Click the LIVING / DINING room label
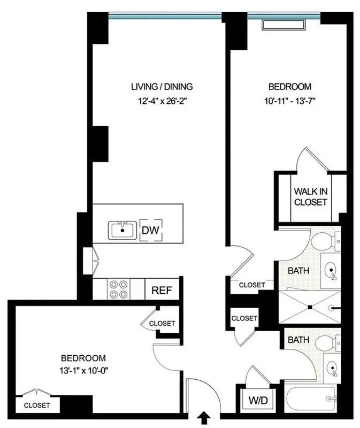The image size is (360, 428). click(x=162, y=86)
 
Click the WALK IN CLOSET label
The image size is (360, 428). click(x=310, y=196)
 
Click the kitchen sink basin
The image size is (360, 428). click(x=122, y=231)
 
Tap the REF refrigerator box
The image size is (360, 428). click(x=162, y=291)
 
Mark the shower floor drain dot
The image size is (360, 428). click(x=310, y=308)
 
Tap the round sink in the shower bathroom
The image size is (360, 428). click(x=332, y=271)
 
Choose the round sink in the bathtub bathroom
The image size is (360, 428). click(x=332, y=369)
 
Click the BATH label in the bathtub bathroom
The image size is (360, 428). click(x=298, y=339)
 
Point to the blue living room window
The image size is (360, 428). click(x=165, y=17)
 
